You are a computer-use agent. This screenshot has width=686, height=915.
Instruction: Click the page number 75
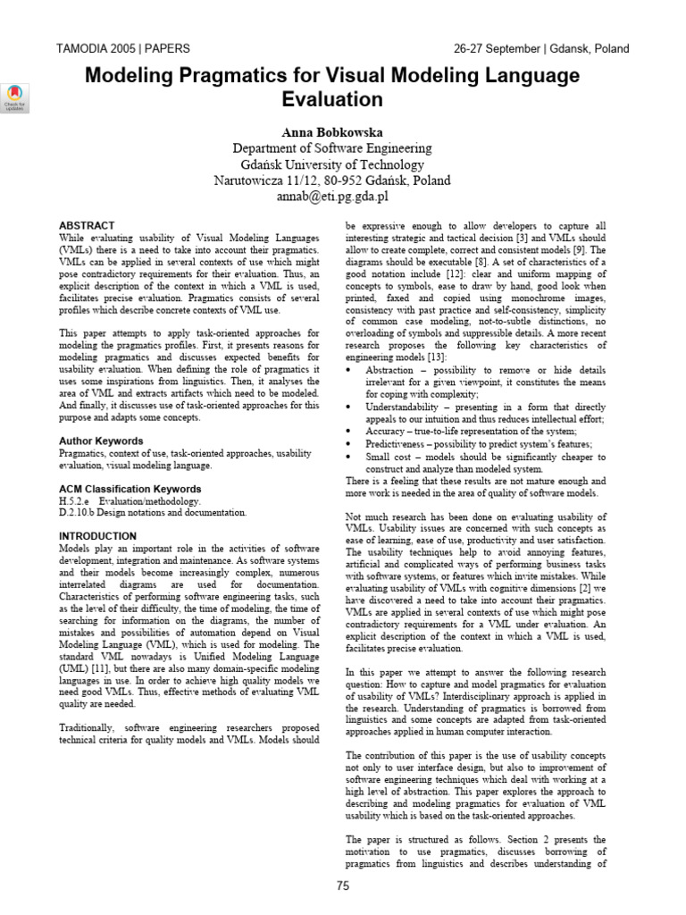point(343,886)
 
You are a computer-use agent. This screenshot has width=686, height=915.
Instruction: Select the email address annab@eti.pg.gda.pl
point(331,196)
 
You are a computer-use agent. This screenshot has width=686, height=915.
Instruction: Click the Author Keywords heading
point(101,441)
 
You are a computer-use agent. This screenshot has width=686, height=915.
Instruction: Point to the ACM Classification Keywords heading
point(130,489)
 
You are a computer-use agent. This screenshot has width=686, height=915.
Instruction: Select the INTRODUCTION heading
point(97,535)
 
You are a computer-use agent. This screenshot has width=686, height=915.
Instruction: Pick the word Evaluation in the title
point(331,99)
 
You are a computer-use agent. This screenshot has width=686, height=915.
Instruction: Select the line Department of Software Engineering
point(331,147)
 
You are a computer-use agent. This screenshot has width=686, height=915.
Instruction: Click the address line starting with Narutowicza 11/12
point(331,180)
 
